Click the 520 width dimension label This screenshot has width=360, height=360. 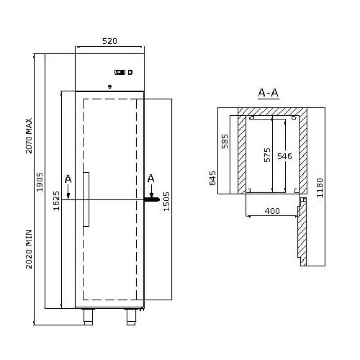tap(109, 41)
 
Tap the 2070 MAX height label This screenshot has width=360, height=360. tap(29, 136)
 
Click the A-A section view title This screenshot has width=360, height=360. tap(269, 93)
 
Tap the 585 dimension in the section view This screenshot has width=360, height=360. tap(225, 141)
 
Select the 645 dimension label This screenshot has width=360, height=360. tap(213, 178)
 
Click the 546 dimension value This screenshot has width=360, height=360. tap(284, 157)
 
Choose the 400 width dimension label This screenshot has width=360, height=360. tap(272, 211)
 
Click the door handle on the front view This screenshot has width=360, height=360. tap(86, 198)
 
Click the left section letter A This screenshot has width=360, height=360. tap(68, 180)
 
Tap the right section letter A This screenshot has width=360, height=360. tap(151, 179)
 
